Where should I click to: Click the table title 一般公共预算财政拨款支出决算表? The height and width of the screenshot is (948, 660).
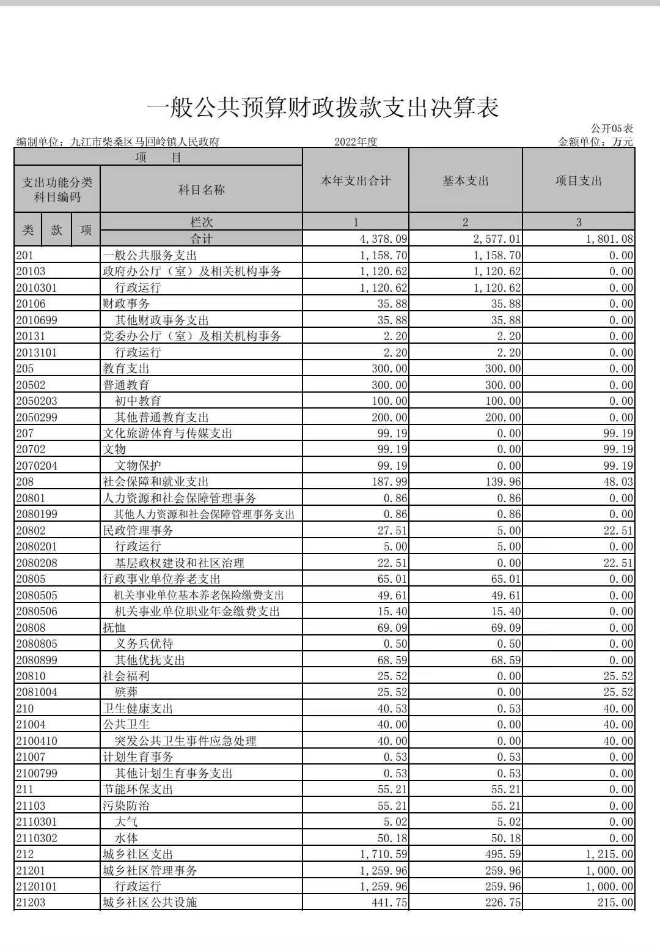pyautogui.click(x=323, y=108)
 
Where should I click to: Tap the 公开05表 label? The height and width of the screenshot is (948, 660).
pyautogui.click(x=612, y=128)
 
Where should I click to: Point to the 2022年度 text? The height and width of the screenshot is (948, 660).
pyautogui.click(x=356, y=142)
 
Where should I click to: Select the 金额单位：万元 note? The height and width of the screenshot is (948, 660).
pyautogui.click(x=595, y=142)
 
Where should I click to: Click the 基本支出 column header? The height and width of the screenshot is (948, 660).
pyautogui.click(x=466, y=181)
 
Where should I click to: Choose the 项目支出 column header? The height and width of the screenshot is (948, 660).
pyautogui.click(x=578, y=181)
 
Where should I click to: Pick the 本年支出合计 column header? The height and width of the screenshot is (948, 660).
pyautogui.click(x=356, y=181)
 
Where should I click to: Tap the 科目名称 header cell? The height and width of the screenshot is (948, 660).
pyautogui.click(x=201, y=190)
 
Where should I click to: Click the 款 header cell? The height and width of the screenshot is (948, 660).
pyautogui.click(x=57, y=230)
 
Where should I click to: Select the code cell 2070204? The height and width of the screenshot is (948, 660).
pyautogui.click(x=37, y=466)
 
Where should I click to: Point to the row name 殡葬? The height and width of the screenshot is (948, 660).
pyautogui.click(x=127, y=692)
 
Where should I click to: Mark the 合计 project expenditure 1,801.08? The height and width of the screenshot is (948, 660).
pyautogui.click(x=609, y=239)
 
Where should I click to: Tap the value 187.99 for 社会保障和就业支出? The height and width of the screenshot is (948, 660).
pyautogui.click(x=389, y=482)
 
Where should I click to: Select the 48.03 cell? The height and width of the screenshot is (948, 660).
pyautogui.click(x=618, y=482)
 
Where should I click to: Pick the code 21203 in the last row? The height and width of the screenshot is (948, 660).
pyautogui.click(x=31, y=903)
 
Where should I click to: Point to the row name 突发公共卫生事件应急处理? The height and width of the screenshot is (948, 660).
pyautogui.click(x=186, y=741)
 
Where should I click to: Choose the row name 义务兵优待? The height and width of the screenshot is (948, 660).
pyautogui.click(x=144, y=644)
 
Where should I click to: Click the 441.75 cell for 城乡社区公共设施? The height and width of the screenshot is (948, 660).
pyautogui.click(x=389, y=903)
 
